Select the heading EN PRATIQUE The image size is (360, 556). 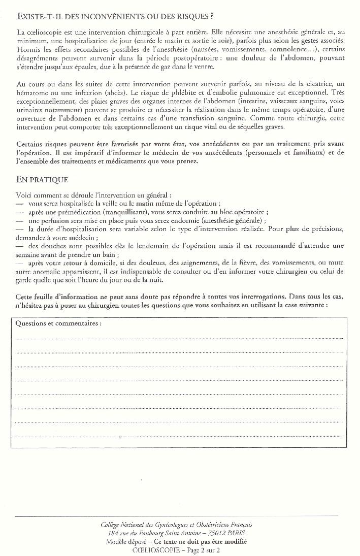pyautogui.click(x=42, y=180)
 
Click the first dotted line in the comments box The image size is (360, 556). pyautogui.click(x=179, y=338)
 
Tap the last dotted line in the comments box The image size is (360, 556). pyautogui.click(x=179, y=436)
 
